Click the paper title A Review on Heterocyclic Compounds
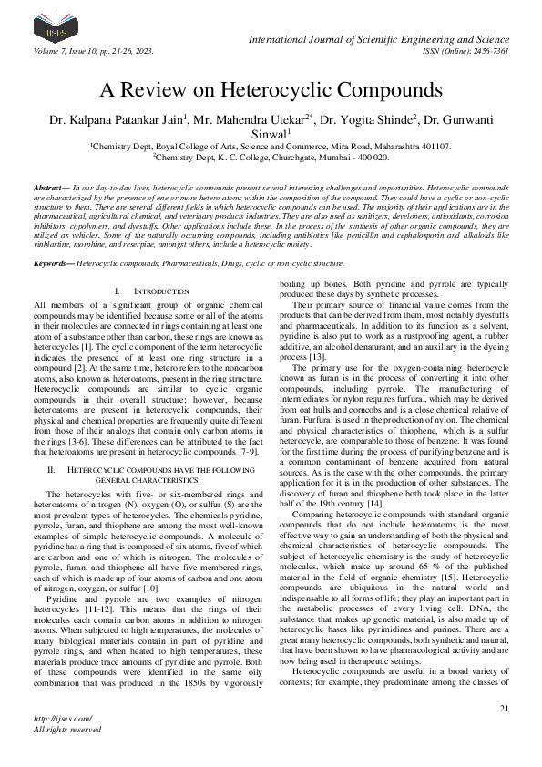coord(271,90)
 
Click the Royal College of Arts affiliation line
coord(271,145)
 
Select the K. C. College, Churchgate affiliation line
coord(271,157)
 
